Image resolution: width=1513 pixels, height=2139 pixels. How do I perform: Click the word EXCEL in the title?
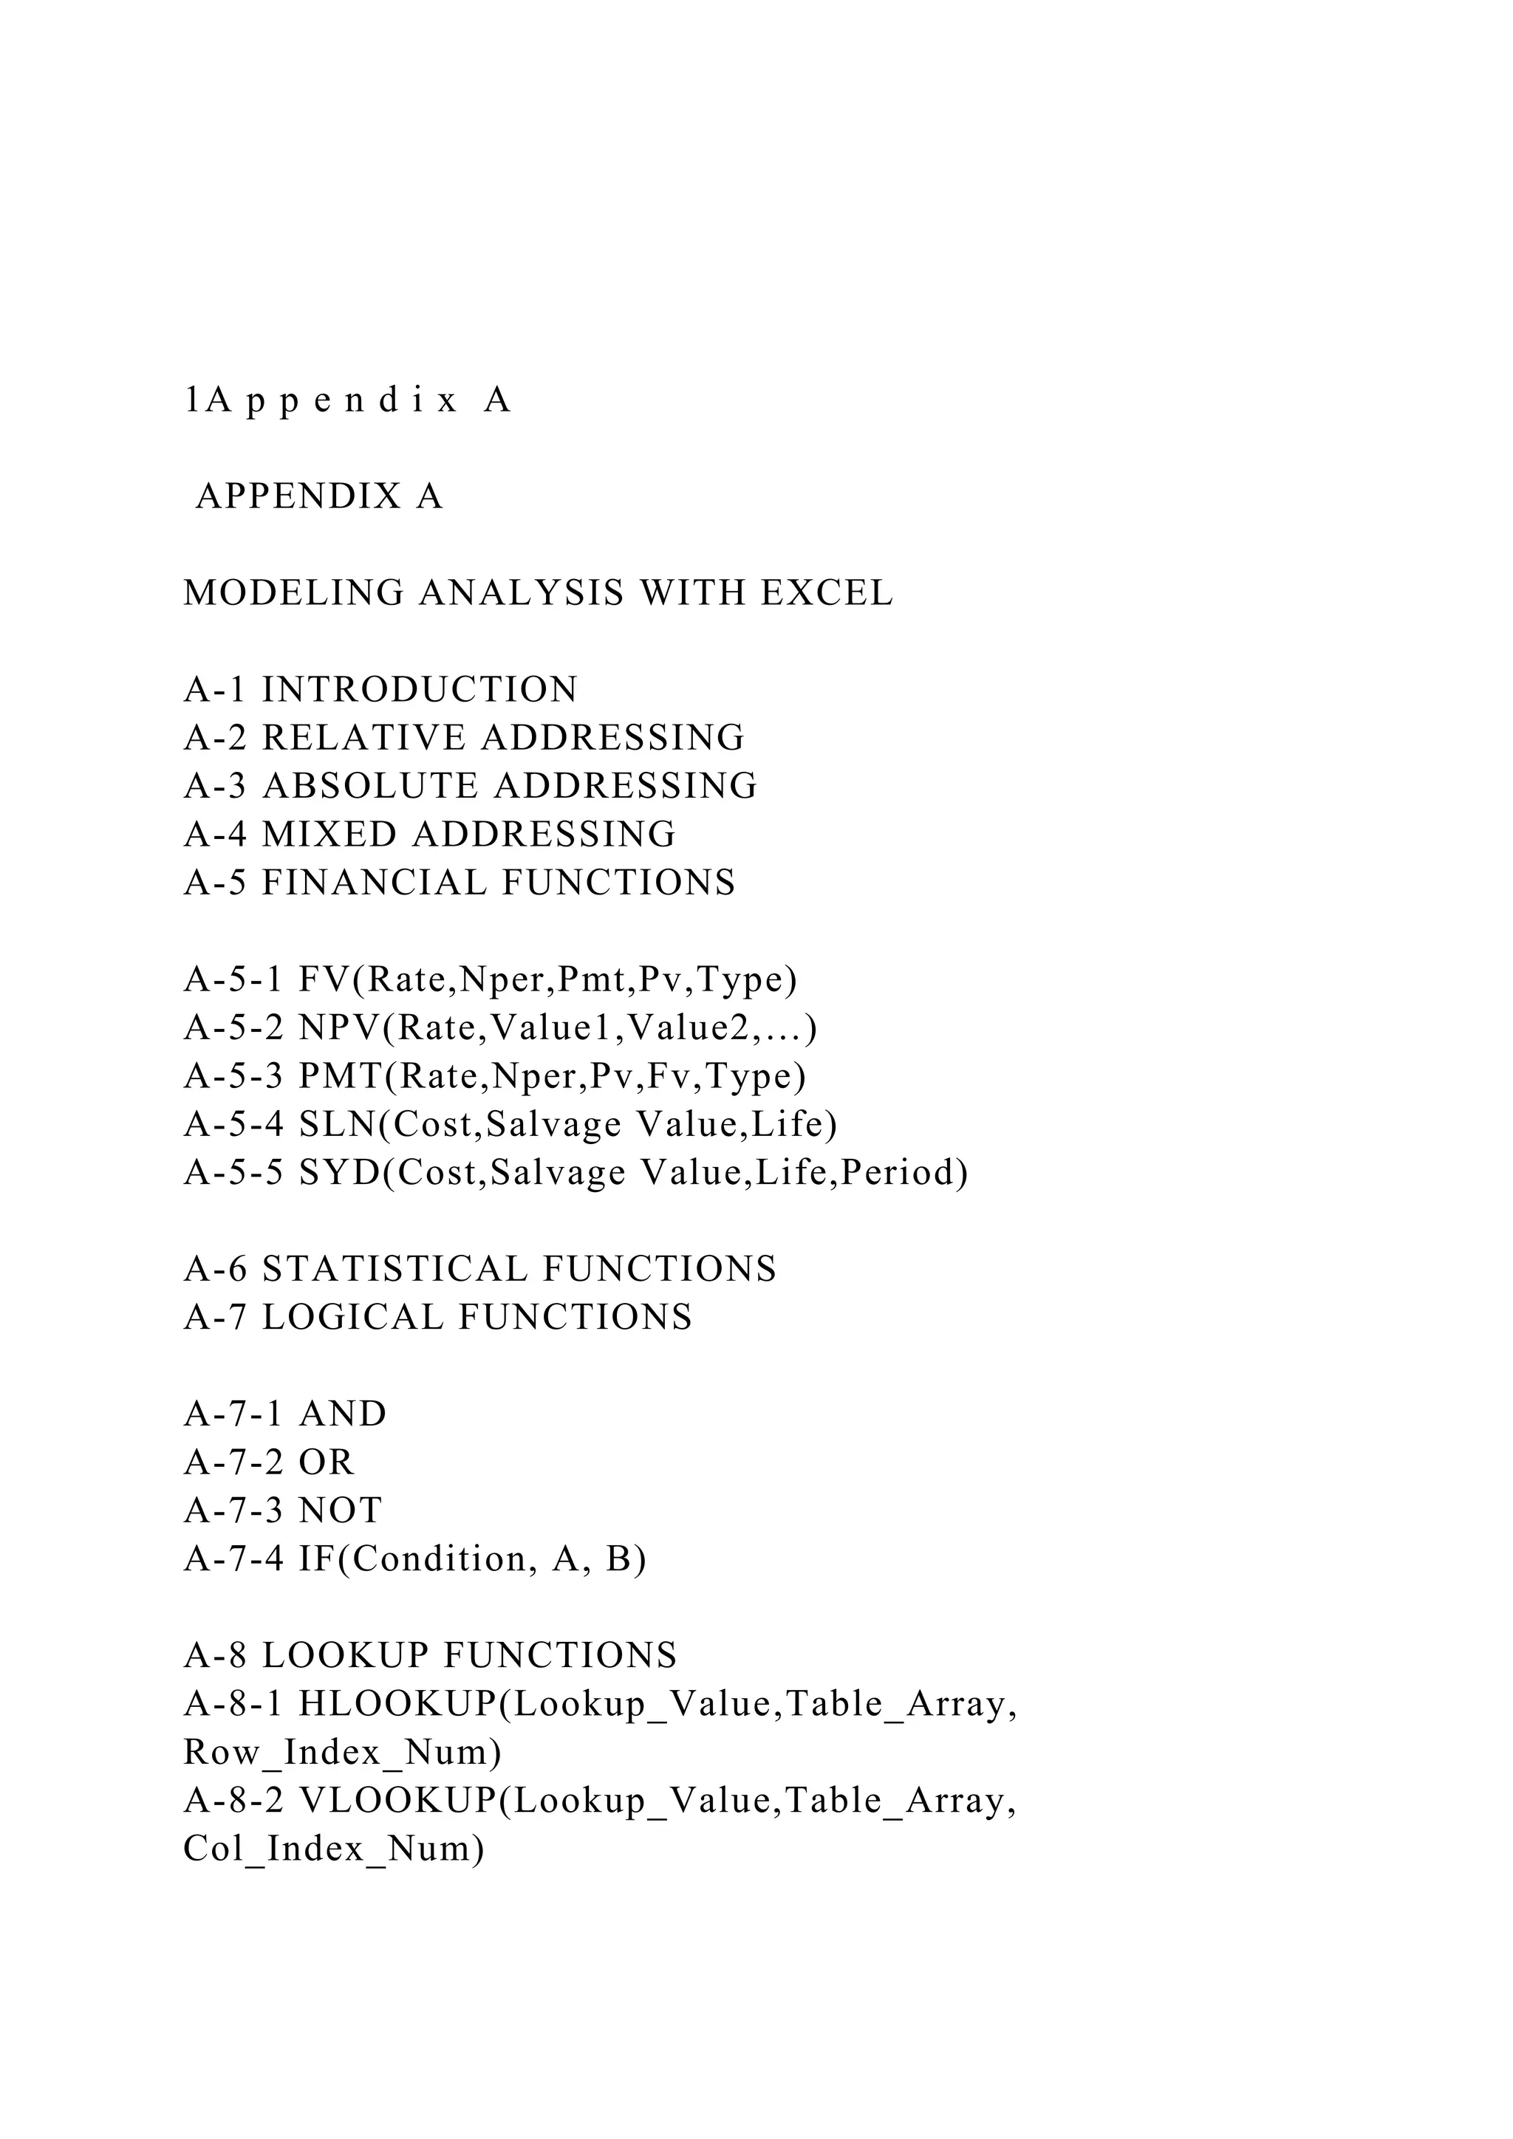827,593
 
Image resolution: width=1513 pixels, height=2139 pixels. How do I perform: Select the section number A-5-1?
234,981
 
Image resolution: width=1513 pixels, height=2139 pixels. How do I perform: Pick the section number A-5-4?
234,1126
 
